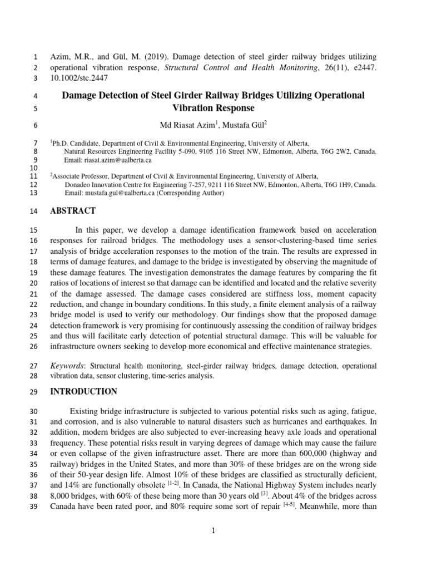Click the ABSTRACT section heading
72,211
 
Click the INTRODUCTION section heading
83,391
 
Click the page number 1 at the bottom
213,531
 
